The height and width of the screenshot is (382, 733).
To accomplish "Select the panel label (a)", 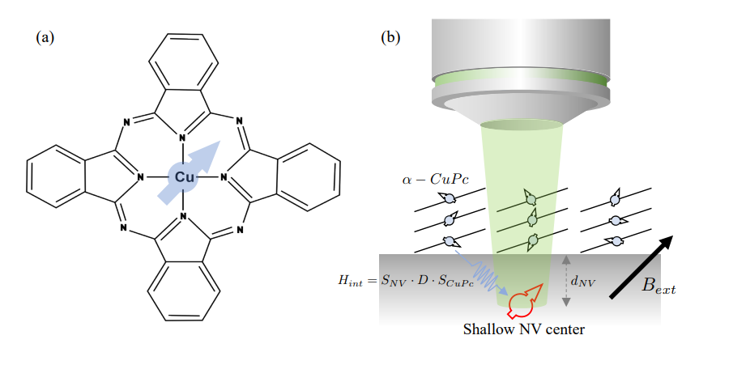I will tap(46, 36).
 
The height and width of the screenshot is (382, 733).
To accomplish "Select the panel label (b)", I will tap(392, 36).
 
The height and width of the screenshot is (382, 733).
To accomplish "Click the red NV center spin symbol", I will tap(521, 303).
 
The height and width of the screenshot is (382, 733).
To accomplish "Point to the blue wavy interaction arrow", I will tap(481, 273).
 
